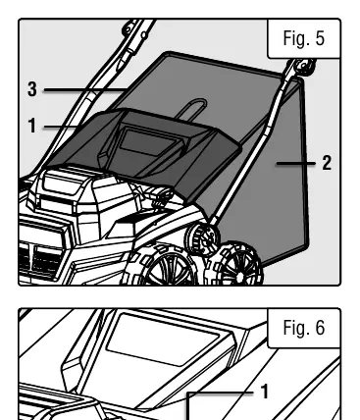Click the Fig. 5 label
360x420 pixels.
[x=304, y=38]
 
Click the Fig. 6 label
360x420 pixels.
[x=304, y=328]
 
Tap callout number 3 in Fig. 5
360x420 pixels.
[x=32, y=89]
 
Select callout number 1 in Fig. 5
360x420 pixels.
[x=32, y=126]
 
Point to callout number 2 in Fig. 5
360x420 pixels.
[x=327, y=163]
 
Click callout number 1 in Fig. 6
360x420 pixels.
[x=265, y=392]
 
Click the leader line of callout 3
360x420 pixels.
[x=85, y=89]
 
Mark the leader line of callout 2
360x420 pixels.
[x=296, y=163]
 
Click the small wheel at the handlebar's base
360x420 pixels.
[x=202, y=238]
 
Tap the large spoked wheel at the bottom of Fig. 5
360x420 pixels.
[x=164, y=266]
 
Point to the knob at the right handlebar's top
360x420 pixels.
[x=304, y=67]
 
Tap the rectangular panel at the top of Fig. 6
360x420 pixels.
[x=163, y=340]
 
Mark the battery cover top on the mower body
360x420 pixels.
[x=63, y=180]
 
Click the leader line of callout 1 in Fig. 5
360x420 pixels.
[x=62, y=127]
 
